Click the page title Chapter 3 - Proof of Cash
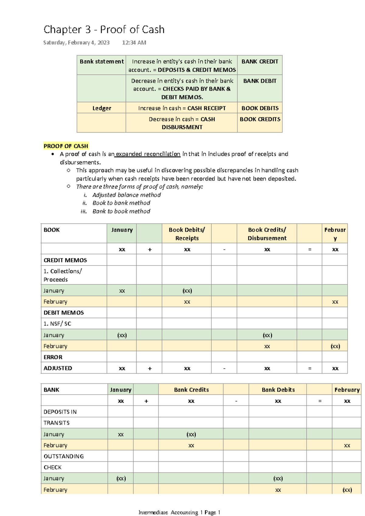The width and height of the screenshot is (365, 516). coord(104,29)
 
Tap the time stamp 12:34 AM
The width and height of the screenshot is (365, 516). coord(134,43)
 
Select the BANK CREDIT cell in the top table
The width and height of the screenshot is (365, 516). coord(259,61)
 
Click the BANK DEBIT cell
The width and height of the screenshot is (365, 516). coord(259,81)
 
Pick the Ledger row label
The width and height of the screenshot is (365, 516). coord(102,108)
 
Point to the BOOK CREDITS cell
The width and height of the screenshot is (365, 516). coord(260,119)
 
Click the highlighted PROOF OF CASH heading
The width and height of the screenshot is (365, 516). coord(66,146)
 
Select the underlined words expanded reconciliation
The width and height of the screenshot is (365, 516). coord(148,154)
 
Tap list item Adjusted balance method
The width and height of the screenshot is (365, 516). coord(126,195)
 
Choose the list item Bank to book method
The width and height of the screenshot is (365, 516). coord(121,211)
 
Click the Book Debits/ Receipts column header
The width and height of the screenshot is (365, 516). coord(187,234)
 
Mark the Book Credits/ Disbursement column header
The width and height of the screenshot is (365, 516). coord(267,234)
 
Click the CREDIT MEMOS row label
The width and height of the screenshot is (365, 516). coord(65,260)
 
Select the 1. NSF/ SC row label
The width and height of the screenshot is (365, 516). coord(57,324)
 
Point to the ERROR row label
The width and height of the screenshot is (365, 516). coord(53,357)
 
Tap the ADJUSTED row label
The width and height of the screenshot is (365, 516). coord(58,368)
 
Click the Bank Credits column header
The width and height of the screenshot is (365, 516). coord(191,390)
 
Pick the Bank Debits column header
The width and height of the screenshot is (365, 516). coord(278,390)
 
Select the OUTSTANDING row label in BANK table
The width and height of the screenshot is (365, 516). coord(64,456)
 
